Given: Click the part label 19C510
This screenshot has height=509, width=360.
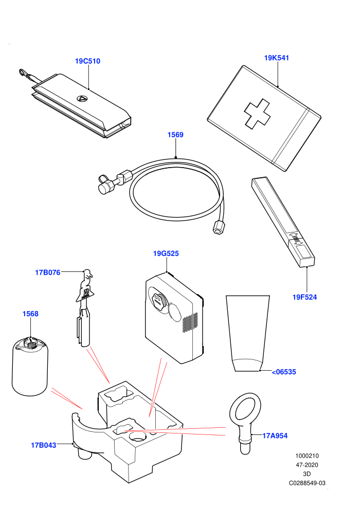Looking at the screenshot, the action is [87, 61].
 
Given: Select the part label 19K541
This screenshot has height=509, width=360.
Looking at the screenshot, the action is [277, 58].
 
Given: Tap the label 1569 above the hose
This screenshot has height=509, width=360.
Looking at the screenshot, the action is [175, 135].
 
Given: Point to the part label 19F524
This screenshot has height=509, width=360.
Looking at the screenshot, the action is [304, 297].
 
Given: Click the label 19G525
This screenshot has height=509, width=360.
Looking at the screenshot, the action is [166, 253].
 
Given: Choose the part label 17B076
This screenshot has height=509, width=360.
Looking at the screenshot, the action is [48, 272].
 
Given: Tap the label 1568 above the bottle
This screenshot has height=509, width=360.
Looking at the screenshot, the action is [30, 314].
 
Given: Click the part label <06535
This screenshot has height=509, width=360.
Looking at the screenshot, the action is [284, 372].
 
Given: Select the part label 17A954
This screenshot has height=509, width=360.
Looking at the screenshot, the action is [275, 435].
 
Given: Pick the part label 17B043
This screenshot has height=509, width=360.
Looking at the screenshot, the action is [44, 445].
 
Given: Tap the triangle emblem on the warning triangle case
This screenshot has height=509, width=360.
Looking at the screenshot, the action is [81, 98].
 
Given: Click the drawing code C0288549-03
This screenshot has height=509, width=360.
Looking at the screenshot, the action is [307, 483].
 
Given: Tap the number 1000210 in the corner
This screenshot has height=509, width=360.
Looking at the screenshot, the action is [307, 456].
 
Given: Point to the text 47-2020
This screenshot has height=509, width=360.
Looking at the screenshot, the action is [307, 465].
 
